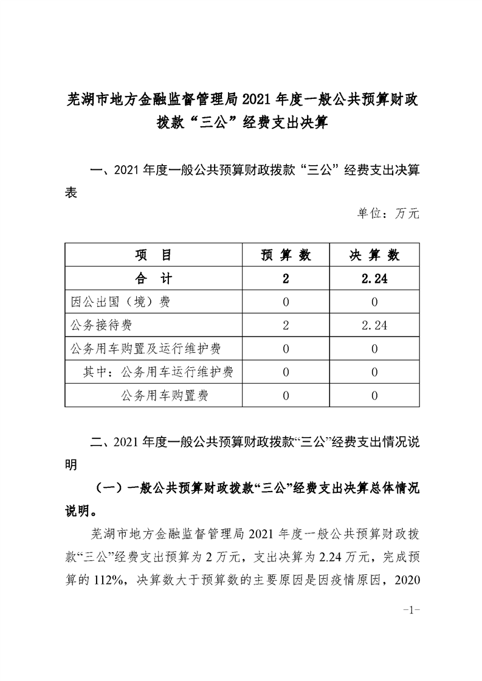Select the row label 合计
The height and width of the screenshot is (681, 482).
tap(153, 279)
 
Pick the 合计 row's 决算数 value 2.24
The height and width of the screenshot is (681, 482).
tap(374, 279)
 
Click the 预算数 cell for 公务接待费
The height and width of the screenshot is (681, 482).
tap(286, 325)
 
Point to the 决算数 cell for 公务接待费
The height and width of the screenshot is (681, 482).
tap(374, 325)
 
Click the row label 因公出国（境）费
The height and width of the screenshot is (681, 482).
tap(120, 302)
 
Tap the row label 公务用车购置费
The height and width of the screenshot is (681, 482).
tap(165, 396)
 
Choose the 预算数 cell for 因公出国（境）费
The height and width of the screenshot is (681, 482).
tap(286, 302)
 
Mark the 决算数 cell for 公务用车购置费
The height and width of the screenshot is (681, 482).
tap(374, 396)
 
